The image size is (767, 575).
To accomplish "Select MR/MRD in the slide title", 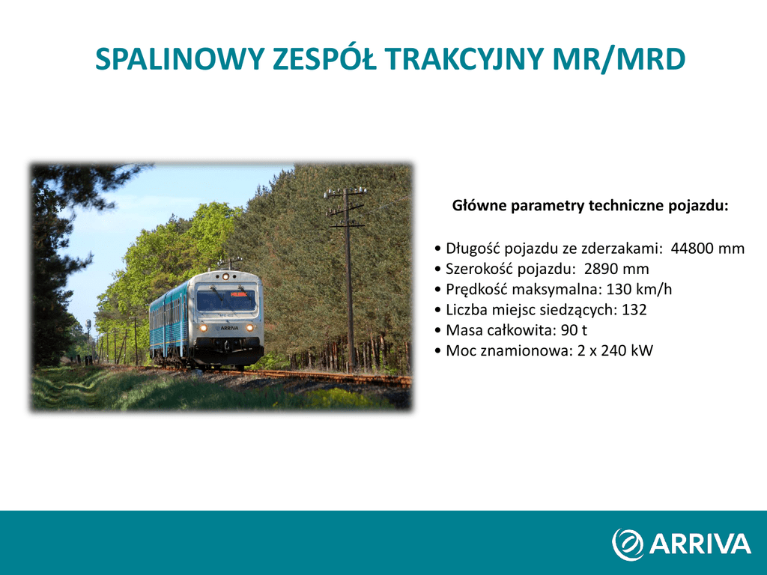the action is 619,59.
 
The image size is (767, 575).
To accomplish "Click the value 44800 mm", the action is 707,249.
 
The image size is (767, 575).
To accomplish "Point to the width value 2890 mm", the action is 616,269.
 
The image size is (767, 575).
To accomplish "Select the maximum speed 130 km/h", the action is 639,290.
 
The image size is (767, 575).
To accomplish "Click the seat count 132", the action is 634,309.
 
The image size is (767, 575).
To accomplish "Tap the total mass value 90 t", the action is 574,330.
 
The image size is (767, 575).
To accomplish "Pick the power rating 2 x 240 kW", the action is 616,350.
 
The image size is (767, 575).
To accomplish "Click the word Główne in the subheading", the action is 479,205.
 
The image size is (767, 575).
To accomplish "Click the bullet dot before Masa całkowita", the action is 437,330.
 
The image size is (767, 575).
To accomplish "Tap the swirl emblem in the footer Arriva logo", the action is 628,544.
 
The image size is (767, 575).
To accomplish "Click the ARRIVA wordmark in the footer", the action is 700,544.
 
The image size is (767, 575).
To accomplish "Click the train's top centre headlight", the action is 225,276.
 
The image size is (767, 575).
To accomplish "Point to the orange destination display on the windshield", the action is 238,294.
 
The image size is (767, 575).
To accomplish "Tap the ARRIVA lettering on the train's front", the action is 228,328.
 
